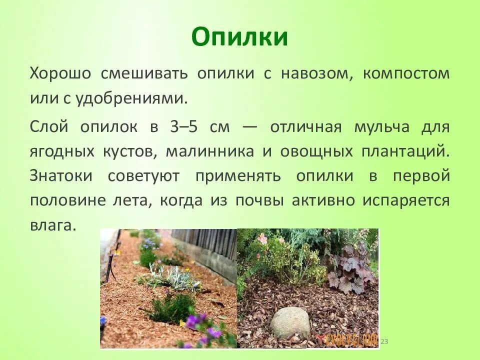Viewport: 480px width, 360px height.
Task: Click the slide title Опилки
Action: point(239,36)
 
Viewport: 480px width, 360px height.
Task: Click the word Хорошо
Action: point(60,73)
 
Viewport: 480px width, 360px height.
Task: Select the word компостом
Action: point(406,74)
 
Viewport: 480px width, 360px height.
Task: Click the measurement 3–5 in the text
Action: point(183,126)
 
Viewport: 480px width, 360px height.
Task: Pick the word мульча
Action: point(381,126)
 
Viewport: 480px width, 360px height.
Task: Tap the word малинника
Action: point(209,151)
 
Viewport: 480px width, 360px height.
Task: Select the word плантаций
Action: point(405,151)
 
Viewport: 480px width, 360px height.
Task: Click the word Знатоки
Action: point(61,175)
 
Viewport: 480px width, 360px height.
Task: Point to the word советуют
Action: point(143,175)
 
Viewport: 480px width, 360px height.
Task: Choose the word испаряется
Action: point(406,201)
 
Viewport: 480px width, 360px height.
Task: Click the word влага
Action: point(52,225)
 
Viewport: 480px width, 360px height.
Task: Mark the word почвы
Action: point(259,201)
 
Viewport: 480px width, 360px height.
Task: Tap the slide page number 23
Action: point(384,341)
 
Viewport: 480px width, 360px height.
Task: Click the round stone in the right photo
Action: point(289,323)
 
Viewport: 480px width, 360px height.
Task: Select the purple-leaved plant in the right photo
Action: point(350,269)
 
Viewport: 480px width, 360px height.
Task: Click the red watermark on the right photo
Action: point(347,340)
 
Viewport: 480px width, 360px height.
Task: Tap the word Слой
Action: point(49,126)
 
